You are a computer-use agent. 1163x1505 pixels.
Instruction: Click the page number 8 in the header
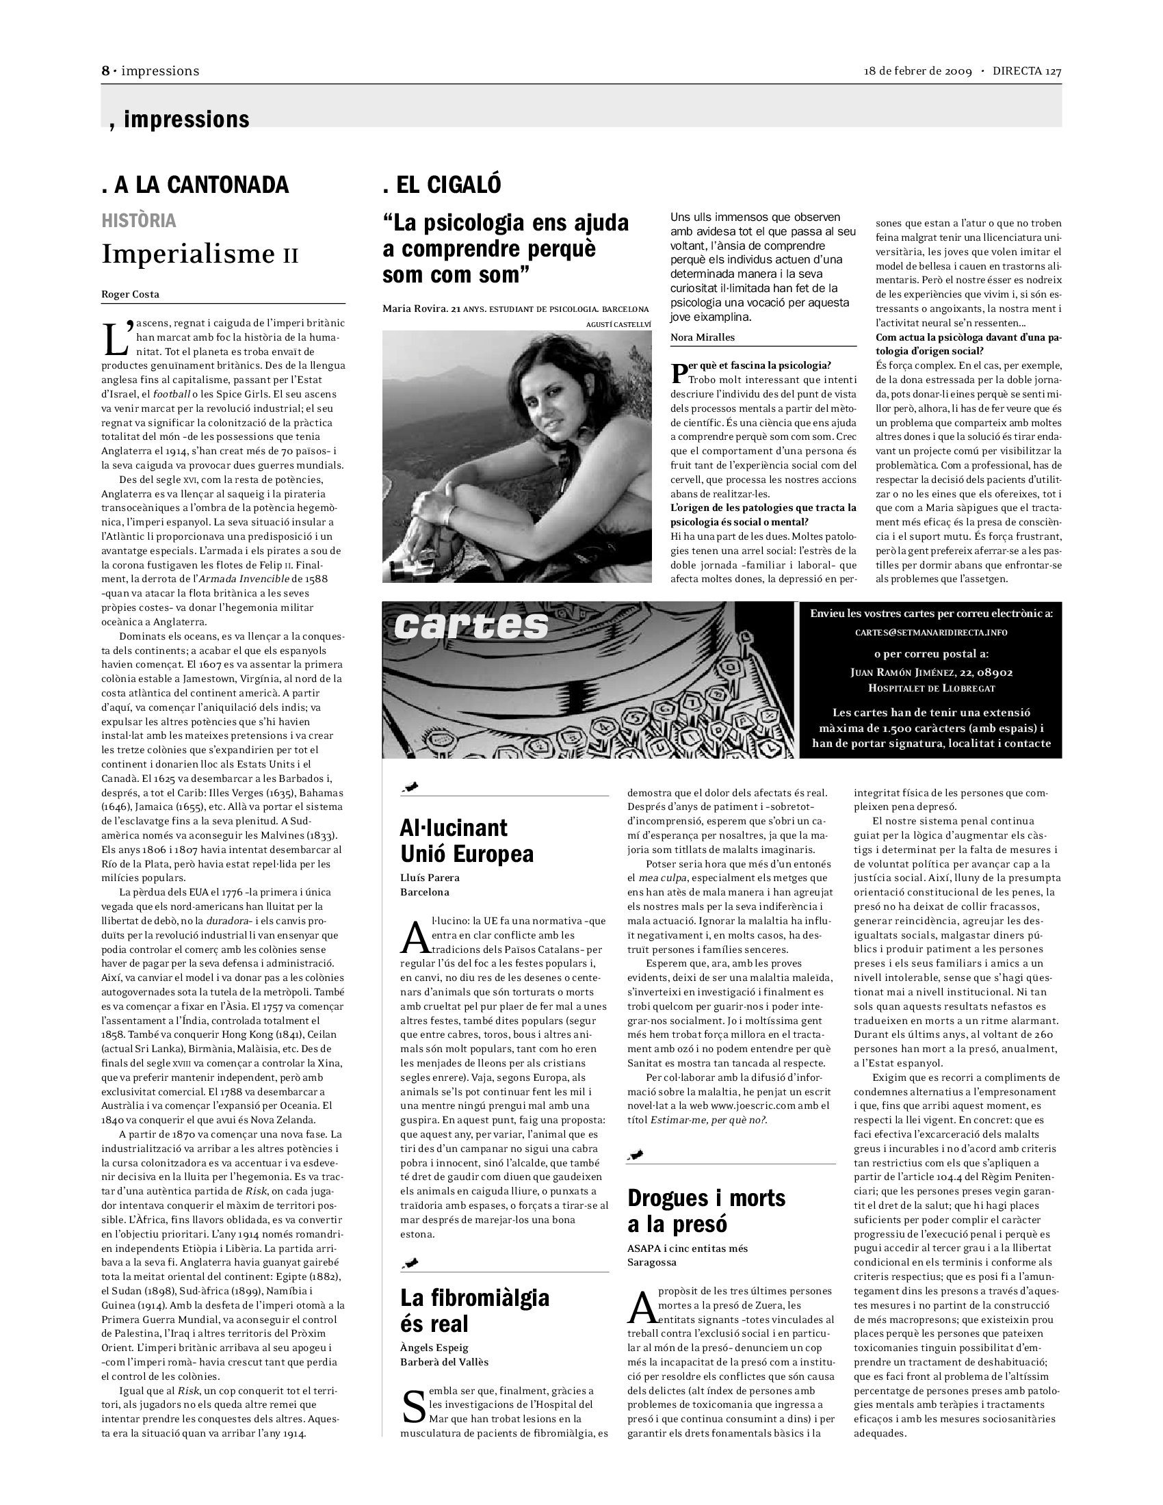(105, 71)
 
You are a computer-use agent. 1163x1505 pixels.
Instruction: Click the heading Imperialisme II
(200, 255)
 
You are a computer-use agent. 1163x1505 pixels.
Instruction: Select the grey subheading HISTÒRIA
(138, 220)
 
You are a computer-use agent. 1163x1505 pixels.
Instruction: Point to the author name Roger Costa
(130, 294)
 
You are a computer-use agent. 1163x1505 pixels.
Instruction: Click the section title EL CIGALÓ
(442, 185)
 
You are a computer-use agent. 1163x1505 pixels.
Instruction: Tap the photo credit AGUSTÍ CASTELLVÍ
(618, 324)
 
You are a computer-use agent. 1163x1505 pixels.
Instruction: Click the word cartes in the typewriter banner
(472, 626)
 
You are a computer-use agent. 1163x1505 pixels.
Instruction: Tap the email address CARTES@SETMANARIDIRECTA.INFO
(931, 632)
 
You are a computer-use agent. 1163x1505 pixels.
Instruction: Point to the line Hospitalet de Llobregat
(931, 688)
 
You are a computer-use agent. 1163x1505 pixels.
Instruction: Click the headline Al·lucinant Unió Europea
(467, 841)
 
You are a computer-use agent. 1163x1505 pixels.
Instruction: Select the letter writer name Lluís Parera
(430, 877)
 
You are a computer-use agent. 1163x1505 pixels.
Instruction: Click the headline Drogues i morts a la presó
(705, 1211)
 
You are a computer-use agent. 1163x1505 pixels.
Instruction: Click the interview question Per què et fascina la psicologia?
(758, 365)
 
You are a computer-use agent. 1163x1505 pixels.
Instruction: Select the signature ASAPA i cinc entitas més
(687, 1248)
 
